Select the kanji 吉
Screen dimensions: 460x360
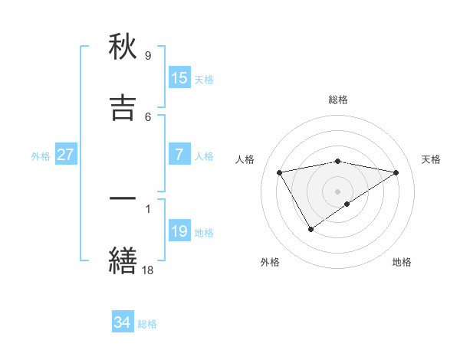click(123, 107)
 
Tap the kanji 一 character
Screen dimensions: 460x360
click(123, 198)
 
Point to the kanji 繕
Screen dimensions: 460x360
click(123, 259)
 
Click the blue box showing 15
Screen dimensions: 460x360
click(179, 78)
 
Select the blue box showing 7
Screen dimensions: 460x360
click(179, 155)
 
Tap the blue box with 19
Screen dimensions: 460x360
click(179, 231)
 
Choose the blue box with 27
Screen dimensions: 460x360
click(65, 155)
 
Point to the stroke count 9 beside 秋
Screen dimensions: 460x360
click(148, 56)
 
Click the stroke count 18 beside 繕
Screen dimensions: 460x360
click(148, 269)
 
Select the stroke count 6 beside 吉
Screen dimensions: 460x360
click(148, 116)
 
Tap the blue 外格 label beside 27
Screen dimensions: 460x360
click(41, 155)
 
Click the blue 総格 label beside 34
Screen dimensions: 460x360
click(147, 324)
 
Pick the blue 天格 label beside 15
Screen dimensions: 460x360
click(204, 79)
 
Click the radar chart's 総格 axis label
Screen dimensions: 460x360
click(338, 100)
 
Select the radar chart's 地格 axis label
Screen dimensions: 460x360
click(402, 262)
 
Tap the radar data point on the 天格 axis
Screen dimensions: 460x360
click(396, 172)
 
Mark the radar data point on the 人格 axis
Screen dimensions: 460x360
click(280, 172)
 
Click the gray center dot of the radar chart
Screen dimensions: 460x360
click(338, 191)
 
